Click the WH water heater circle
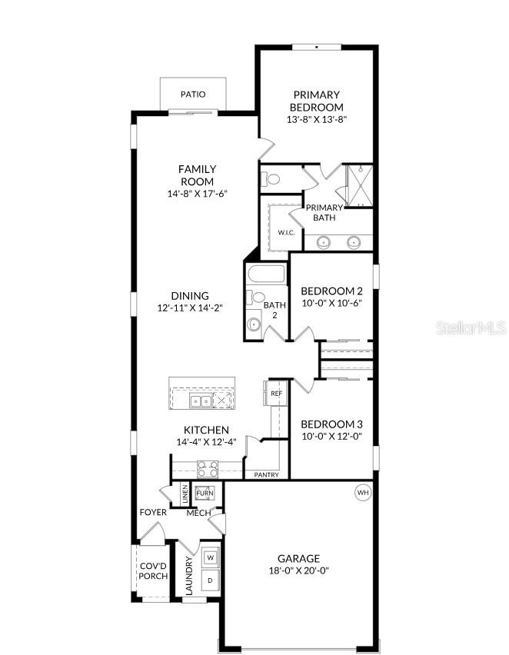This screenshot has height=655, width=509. [363, 492]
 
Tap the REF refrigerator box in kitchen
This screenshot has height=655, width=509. [276, 393]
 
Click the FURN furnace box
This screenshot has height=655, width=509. [205, 494]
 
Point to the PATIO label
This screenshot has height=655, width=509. [193, 95]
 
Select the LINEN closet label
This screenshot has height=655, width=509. [185, 494]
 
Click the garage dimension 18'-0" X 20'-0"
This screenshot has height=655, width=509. [298, 570]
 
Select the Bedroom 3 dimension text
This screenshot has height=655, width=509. [331, 436]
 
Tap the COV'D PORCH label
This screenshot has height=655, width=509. [153, 571]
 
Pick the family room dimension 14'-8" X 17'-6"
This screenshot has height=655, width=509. [198, 194]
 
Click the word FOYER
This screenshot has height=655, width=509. [153, 513]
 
